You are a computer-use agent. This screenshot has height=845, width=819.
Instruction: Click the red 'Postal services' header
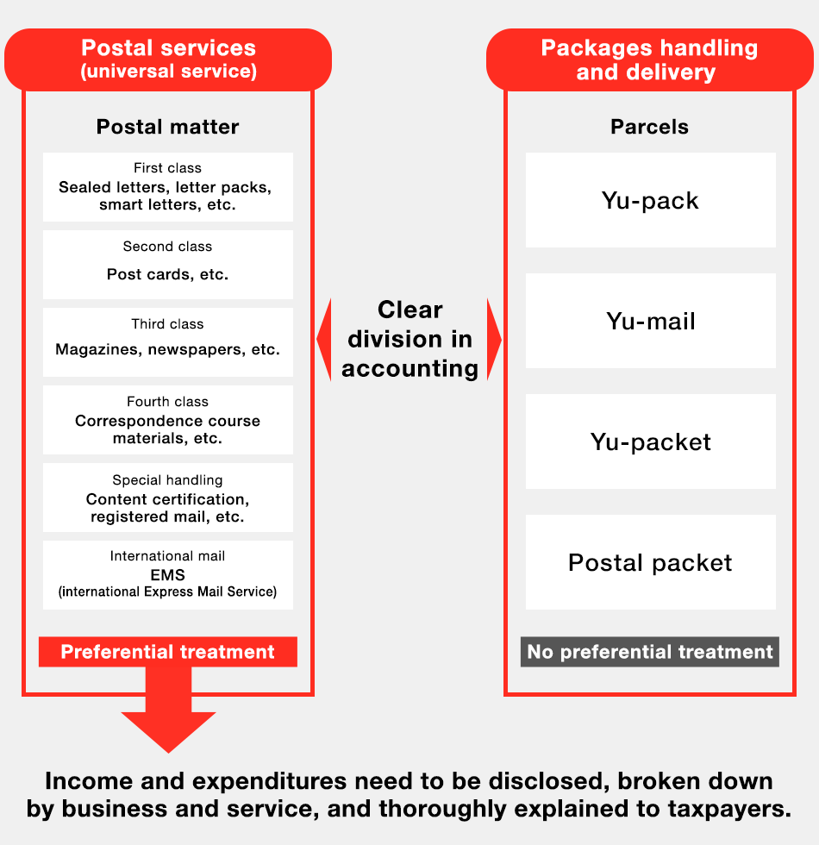pos(168,59)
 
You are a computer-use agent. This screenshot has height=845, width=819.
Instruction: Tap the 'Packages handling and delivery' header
pos(649,59)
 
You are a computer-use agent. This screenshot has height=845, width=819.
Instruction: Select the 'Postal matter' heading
pos(168,127)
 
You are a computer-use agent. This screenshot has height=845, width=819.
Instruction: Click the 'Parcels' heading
pos(649,127)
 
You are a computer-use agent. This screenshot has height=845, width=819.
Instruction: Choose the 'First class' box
pos(168,187)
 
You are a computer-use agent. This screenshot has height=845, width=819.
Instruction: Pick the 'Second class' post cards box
pos(168,265)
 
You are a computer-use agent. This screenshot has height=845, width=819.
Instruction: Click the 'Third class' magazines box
pos(168,342)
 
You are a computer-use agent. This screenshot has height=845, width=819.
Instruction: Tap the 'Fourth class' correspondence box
pos(168,420)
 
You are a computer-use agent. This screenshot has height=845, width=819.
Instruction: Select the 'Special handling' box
pos(168,498)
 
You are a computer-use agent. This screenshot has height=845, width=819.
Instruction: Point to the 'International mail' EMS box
pos(168,575)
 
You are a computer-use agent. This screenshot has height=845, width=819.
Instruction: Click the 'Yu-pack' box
pos(651,200)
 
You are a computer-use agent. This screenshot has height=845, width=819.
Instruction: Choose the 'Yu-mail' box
pos(651,321)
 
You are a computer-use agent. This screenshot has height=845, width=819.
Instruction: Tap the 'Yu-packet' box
pos(651,441)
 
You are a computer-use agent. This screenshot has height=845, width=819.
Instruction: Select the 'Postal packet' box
pos(651,562)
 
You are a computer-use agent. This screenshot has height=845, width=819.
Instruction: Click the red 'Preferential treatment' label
pos(168,652)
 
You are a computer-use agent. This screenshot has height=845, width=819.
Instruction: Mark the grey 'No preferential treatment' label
pos(650,652)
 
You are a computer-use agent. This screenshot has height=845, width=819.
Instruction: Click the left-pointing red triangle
pos(324,340)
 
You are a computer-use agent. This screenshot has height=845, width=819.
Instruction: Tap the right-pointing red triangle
pos(493,340)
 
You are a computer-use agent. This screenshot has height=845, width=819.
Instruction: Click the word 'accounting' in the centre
pos(409,369)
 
